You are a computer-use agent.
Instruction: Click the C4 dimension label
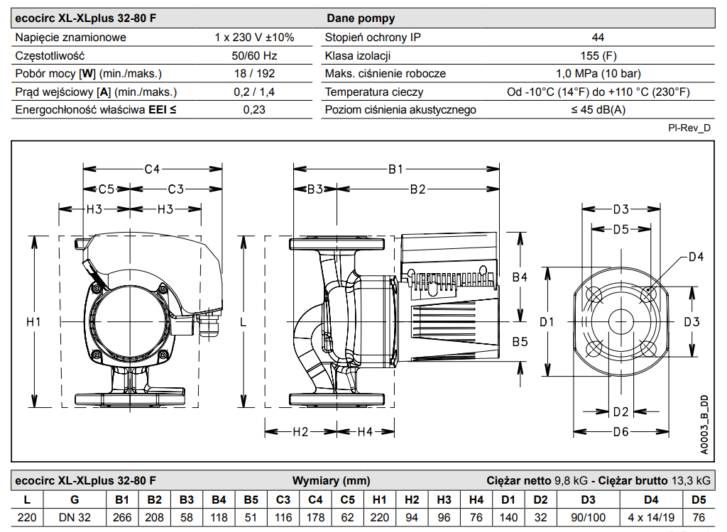click(152, 169)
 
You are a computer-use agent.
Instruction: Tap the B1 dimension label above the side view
click(395, 169)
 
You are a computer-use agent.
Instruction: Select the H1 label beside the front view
click(33, 321)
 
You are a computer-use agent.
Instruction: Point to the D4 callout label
click(696, 256)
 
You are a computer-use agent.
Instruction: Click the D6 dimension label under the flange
click(621, 432)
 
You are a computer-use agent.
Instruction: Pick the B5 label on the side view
click(520, 341)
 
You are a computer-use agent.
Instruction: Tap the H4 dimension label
click(365, 432)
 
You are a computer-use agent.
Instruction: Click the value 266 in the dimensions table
click(122, 517)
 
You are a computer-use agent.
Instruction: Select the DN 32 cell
click(75, 517)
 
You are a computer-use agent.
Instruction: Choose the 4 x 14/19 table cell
click(651, 517)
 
